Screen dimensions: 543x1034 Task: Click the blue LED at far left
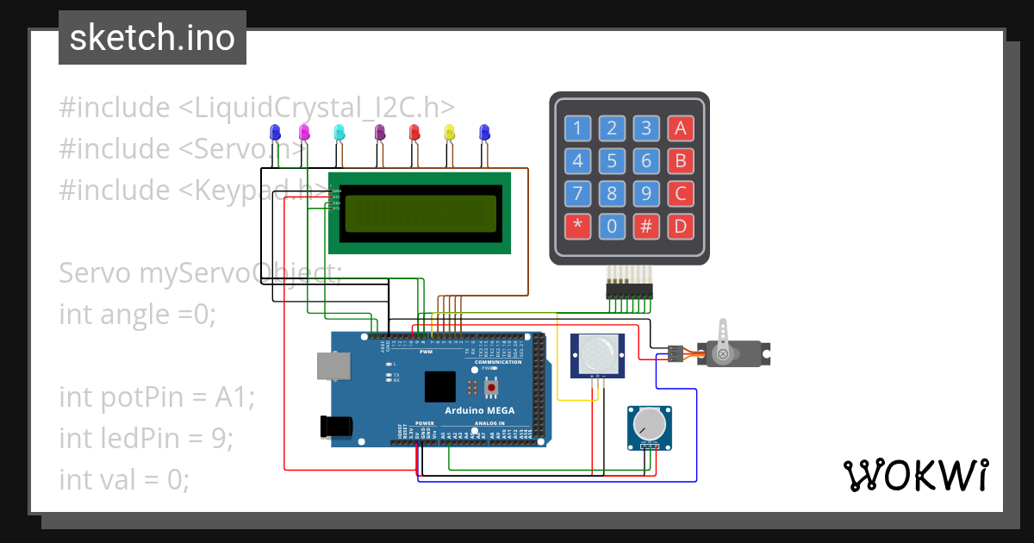275,132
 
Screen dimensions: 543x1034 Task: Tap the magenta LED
303,132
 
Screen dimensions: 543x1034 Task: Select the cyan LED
339,132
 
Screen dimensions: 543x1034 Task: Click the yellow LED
448,132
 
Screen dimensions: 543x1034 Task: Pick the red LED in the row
414,132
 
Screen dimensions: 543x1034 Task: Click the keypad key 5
612,161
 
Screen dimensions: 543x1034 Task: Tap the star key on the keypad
577,228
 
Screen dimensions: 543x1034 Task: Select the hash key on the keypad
645,228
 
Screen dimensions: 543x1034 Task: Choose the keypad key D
680,228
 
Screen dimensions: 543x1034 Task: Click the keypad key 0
612,228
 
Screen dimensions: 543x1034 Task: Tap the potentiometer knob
650,424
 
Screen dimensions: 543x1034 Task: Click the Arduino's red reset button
491,389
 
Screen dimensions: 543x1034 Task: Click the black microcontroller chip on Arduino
440,387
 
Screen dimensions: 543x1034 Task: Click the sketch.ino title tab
153,38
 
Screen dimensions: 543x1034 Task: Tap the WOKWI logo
915,475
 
